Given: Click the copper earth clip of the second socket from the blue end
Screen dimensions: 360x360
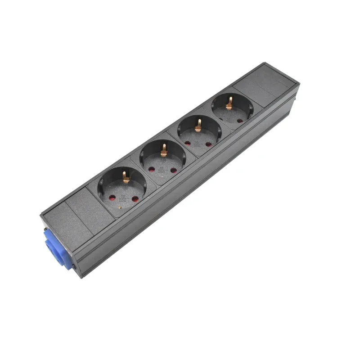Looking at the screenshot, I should point(164,148).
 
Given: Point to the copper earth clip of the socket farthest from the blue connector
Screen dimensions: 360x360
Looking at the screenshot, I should point(229,103).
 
